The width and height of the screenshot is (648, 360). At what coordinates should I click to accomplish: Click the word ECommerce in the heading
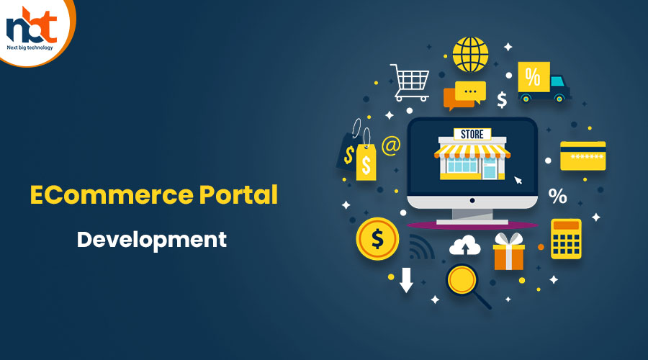click(x=112, y=194)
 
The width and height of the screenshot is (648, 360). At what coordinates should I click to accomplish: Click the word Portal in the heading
click(x=238, y=194)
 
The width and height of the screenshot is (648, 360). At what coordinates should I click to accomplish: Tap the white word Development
click(x=152, y=240)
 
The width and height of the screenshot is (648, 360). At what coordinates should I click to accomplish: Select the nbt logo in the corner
click(x=32, y=28)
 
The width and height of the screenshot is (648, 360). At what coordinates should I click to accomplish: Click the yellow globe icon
click(x=470, y=54)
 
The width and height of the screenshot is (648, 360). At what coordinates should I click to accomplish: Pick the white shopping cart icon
click(x=410, y=83)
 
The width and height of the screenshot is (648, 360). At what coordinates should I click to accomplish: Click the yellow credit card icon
click(x=582, y=156)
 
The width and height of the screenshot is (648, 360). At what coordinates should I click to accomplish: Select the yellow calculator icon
click(x=566, y=239)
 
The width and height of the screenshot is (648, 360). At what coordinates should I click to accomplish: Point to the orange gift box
click(x=509, y=251)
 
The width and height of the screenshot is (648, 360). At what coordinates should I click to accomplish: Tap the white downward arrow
click(x=406, y=280)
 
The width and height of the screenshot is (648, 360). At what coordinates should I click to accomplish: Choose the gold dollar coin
click(x=377, y=239)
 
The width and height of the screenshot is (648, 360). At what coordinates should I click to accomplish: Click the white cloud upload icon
click(x=465, y=246)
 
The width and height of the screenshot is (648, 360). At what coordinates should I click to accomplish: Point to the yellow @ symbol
click(x=391, y=145)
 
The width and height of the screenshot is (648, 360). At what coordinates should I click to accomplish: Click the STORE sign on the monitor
click(x=472, y=135)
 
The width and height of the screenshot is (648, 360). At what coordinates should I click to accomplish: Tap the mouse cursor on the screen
click(x=518, y=180)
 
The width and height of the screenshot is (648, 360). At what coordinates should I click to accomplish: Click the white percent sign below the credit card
click(x=557, y=196)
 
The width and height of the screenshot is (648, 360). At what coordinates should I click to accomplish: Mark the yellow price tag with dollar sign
click(x=366, y=161)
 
